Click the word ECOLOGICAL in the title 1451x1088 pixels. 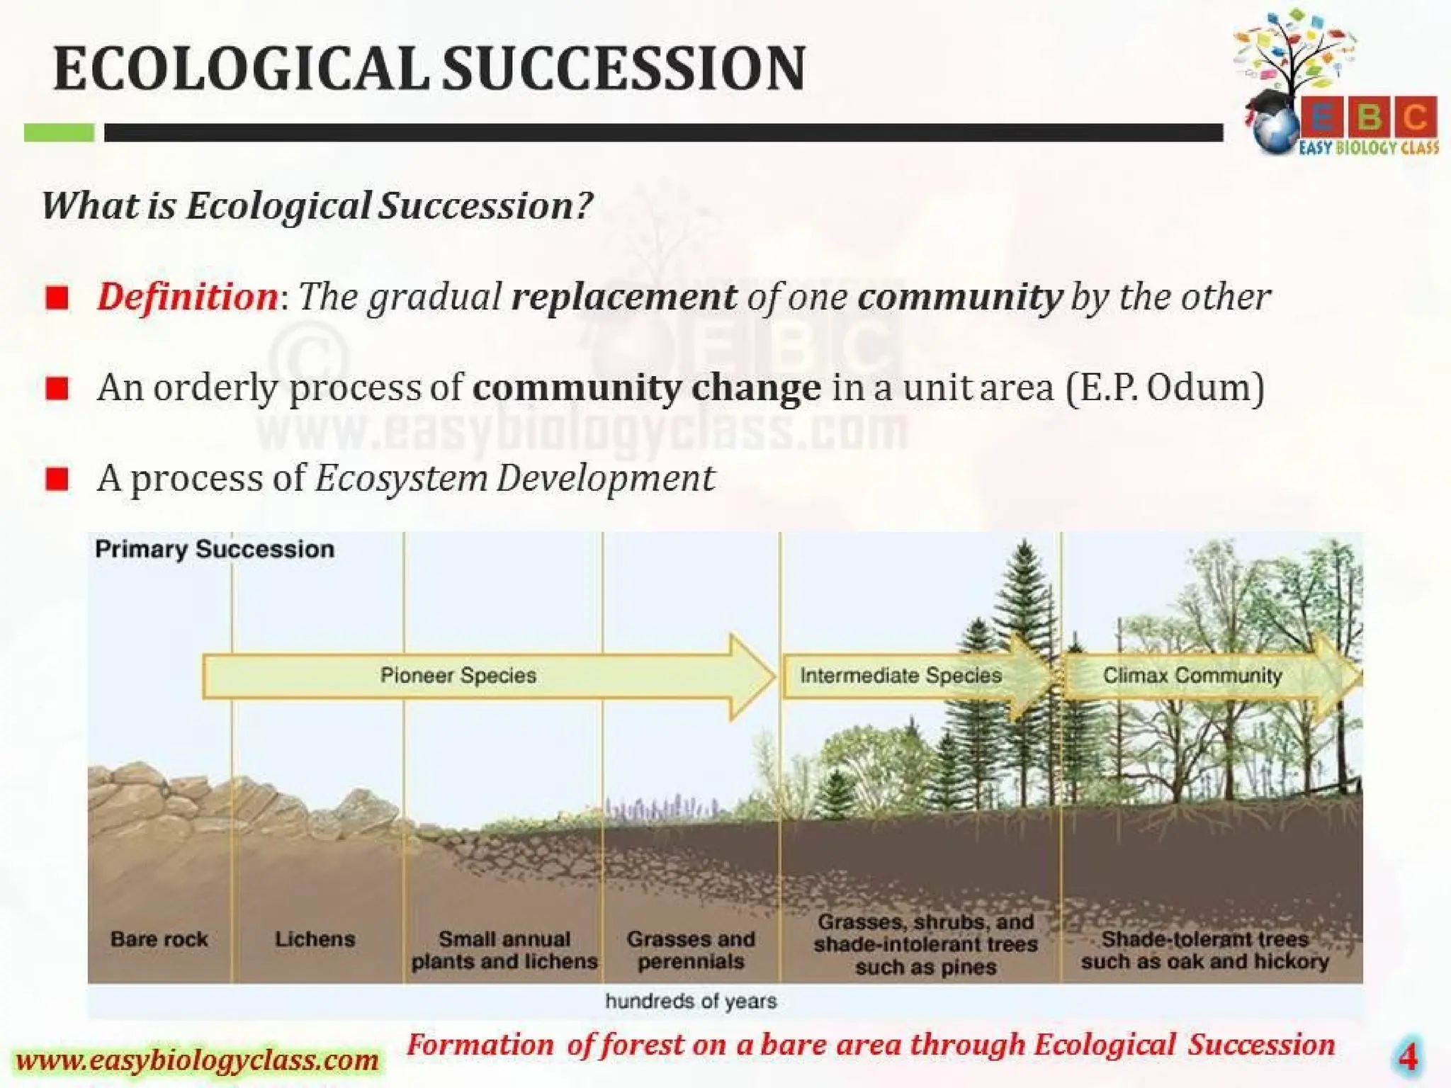point(241,69)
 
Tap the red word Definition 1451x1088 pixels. point(188,296)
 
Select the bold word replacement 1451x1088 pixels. point(624,296)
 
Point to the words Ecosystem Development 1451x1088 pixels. point(514,478)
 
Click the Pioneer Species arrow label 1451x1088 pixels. point(458,675)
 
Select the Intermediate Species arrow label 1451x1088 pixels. point(900,675)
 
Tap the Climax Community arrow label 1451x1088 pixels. point(1192,675)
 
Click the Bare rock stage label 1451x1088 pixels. point(159,939)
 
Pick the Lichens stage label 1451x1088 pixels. point(315,939)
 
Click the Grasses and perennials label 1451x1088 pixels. point(691,950)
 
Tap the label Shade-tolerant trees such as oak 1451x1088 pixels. point(1204,950)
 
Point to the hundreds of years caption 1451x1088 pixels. point(691,1001)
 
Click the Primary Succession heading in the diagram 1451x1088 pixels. point(215,549)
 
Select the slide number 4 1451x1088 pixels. point(1407,1057)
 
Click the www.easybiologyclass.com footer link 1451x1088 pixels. point(197,1060)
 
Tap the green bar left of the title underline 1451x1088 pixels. point(59,132)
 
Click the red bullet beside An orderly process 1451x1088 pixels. point(57,388)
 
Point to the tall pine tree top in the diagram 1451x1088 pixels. point(1024,552)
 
